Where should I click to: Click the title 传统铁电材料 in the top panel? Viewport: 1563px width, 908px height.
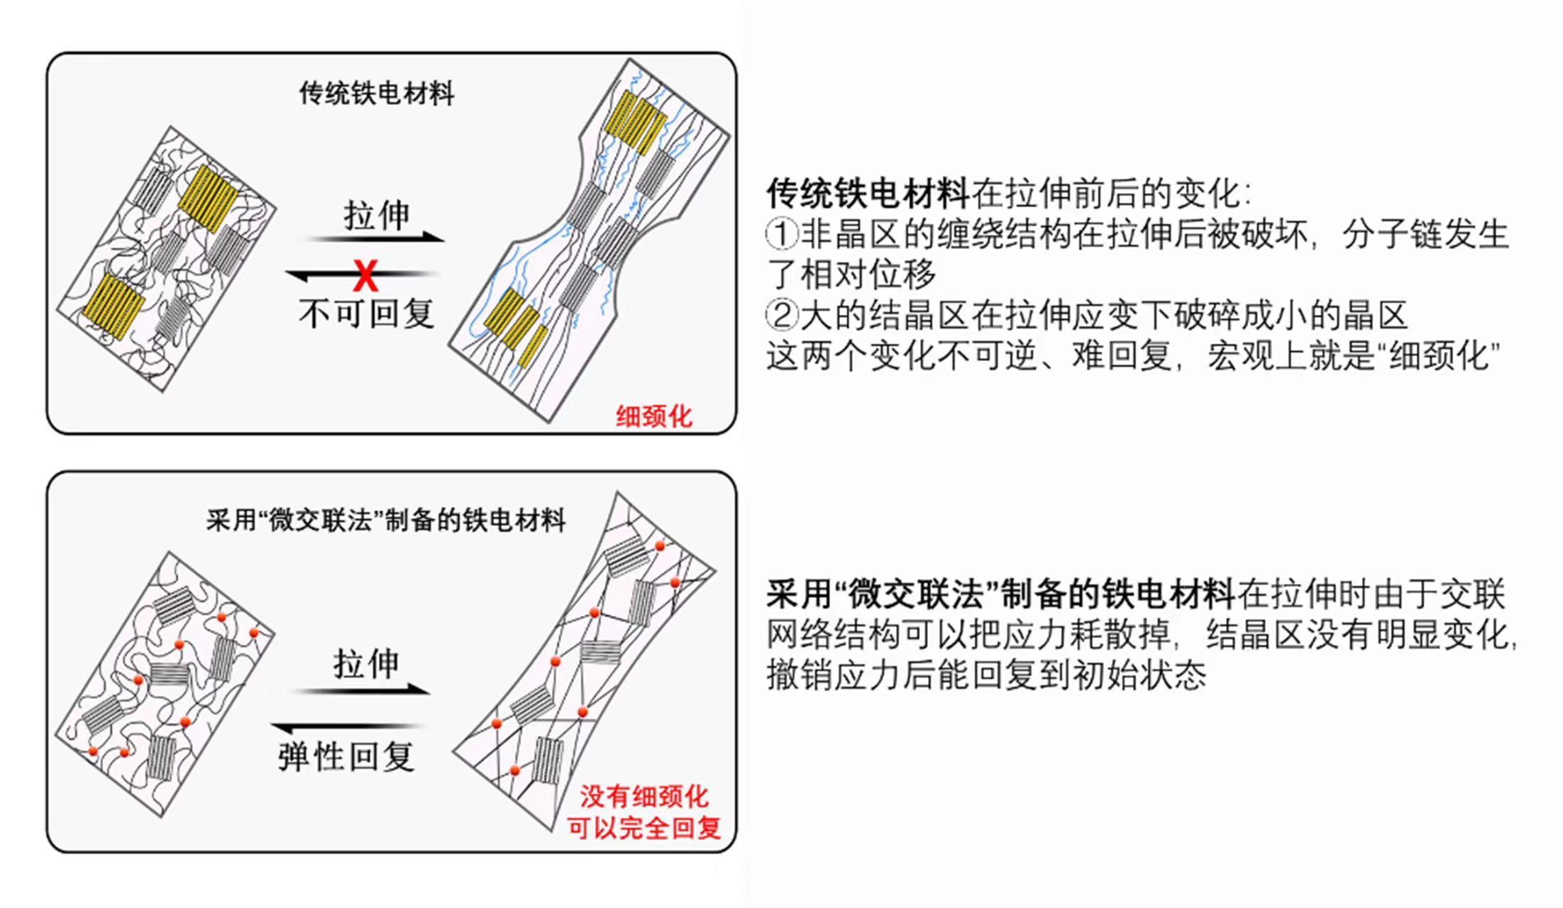pos(376,94)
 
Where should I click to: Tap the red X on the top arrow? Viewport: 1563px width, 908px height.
pos(365,276)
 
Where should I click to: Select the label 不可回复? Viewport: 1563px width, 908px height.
pos(366,314)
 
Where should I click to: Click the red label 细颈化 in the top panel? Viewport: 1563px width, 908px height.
pos(653,416)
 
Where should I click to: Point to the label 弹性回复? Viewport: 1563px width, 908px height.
pos(346,756)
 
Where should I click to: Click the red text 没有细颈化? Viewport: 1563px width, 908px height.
pos(644,797)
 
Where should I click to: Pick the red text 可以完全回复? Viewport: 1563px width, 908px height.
pos(644,828)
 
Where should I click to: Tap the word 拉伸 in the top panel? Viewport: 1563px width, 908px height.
pos(377,215)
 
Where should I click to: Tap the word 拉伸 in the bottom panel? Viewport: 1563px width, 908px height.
pos(366,664)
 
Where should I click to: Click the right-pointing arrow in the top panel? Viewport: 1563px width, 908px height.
pos(376,238)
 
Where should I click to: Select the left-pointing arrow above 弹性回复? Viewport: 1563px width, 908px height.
pos(348,727)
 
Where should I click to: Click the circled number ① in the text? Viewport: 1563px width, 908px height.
pos(782,234)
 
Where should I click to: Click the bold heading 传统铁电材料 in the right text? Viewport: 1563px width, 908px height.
pos(868,194)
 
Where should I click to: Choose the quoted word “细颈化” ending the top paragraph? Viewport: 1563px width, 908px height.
pos(1444,356)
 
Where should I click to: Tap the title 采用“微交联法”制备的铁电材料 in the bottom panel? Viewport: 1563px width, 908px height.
pos(386,521)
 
